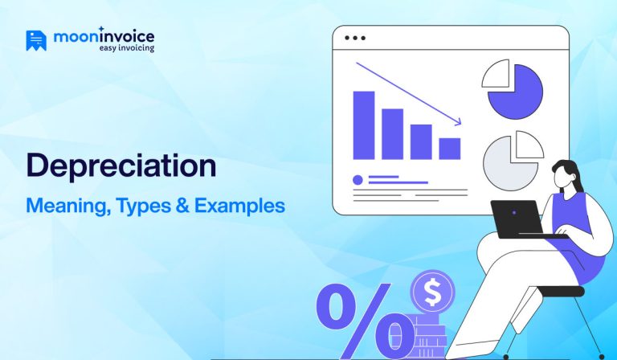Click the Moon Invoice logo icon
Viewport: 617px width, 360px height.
point(36,40)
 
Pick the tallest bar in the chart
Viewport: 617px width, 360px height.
point(364,125)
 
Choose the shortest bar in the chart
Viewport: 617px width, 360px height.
point(450,149)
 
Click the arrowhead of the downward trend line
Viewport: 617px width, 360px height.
point(458,122)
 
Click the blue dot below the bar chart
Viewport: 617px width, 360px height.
point(358,179)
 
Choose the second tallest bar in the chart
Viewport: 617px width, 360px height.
point(392,133)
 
